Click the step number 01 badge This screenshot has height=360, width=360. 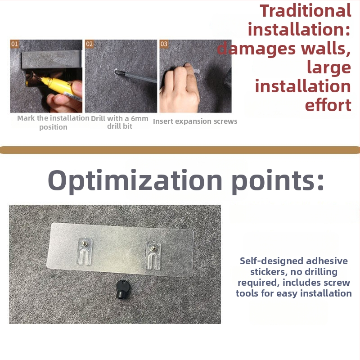point(14,44)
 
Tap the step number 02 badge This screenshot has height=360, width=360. point(89,44)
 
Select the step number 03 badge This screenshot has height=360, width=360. point(164,44)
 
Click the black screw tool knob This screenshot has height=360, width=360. point(123,289)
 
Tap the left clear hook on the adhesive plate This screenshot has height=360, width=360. point(85,251)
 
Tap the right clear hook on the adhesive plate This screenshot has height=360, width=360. point(153,255)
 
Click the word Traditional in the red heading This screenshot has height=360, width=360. point(306,11)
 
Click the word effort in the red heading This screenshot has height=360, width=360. point(328,105)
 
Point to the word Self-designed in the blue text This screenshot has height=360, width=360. point(271,261)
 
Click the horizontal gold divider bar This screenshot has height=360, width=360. point(180,150)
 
